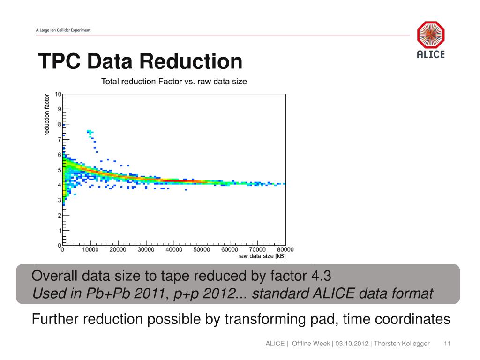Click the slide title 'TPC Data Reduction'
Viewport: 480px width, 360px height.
[140, 62]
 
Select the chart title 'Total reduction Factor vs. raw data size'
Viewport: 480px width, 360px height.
[174, 82]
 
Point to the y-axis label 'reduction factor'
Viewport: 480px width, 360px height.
[47, 115]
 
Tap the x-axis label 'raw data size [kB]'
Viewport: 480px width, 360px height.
[262, 256]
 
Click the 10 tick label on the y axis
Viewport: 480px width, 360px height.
[58, 94]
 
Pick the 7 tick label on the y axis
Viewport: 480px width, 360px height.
[59, 140]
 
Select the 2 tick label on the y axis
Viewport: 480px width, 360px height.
[59, 216]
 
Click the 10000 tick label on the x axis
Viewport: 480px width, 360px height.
[90, 250]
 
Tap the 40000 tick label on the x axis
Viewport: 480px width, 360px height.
[174, 250]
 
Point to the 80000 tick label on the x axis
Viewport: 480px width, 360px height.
[285, 250]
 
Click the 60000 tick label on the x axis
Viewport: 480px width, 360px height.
[229, 250]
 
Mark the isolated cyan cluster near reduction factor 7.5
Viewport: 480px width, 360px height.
[90, 133]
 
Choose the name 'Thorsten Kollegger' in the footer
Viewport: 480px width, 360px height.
[402, 344]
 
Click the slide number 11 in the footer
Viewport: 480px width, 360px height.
[447, 344]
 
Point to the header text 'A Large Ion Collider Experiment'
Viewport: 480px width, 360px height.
[63, 30]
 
